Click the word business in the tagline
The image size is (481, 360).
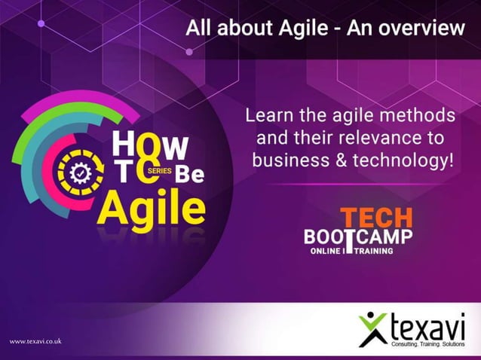[x=290, y=160]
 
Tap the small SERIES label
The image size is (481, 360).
[x=160, y=172]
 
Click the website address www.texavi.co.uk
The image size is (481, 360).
[x=35, y=342]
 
